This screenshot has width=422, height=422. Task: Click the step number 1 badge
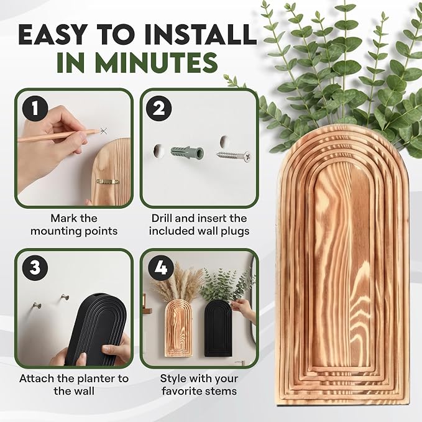tap(35, 109)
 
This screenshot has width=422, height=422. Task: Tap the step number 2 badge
tap(158, 109)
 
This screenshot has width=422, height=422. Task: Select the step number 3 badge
tap(35, 268)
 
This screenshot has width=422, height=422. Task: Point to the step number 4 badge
tap(161, 268)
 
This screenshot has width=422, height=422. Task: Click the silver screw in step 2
tap(234, 155)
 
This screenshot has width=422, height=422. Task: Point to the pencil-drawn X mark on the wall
tap(104, 131)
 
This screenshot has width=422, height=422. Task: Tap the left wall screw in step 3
tap(37, 306)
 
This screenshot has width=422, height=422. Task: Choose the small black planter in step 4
tap(218, 329)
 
